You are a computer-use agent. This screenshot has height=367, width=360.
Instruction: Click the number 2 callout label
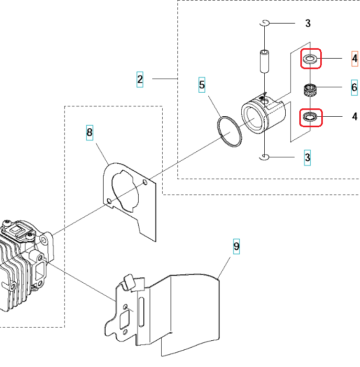coord(140,79)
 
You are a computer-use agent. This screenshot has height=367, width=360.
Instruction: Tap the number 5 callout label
coord(202,84)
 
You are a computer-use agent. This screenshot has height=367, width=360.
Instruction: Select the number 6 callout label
coord(354,87)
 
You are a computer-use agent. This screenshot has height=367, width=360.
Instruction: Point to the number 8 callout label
coord(89,132)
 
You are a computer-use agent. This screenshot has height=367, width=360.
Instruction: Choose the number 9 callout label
coord(237,246)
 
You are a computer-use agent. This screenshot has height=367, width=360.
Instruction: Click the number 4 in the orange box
coord(355,58)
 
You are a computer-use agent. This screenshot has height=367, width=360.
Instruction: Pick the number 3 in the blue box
coord(308,157)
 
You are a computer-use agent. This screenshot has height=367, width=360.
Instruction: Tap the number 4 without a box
coord(354,116)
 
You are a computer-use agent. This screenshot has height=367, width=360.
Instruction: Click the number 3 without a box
coord(308,23)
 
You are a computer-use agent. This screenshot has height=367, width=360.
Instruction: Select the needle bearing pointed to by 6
coord(312,88)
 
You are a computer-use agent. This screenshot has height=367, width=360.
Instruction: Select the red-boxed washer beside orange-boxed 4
coord(310,59)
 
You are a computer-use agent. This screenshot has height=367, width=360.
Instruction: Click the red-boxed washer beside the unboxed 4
coord(310,117)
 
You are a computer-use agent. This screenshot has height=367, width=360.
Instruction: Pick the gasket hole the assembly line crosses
coord(108,201)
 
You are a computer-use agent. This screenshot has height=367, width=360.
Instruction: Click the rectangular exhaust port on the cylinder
coord(39,268)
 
